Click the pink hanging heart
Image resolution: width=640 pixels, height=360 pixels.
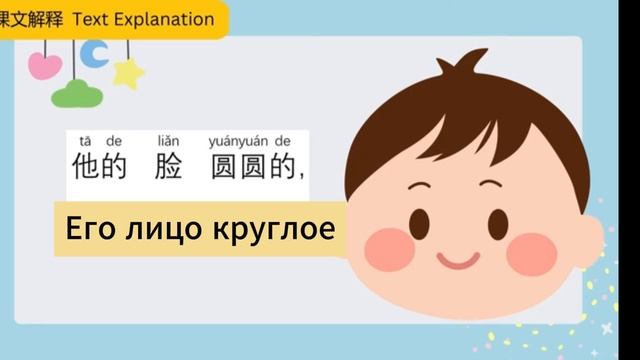coord(45,65)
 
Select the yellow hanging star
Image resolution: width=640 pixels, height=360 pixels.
coord(128,72)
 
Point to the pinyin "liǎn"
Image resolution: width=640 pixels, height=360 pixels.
coord(171,141)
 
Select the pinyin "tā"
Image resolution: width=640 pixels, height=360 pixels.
coord(84,141)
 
